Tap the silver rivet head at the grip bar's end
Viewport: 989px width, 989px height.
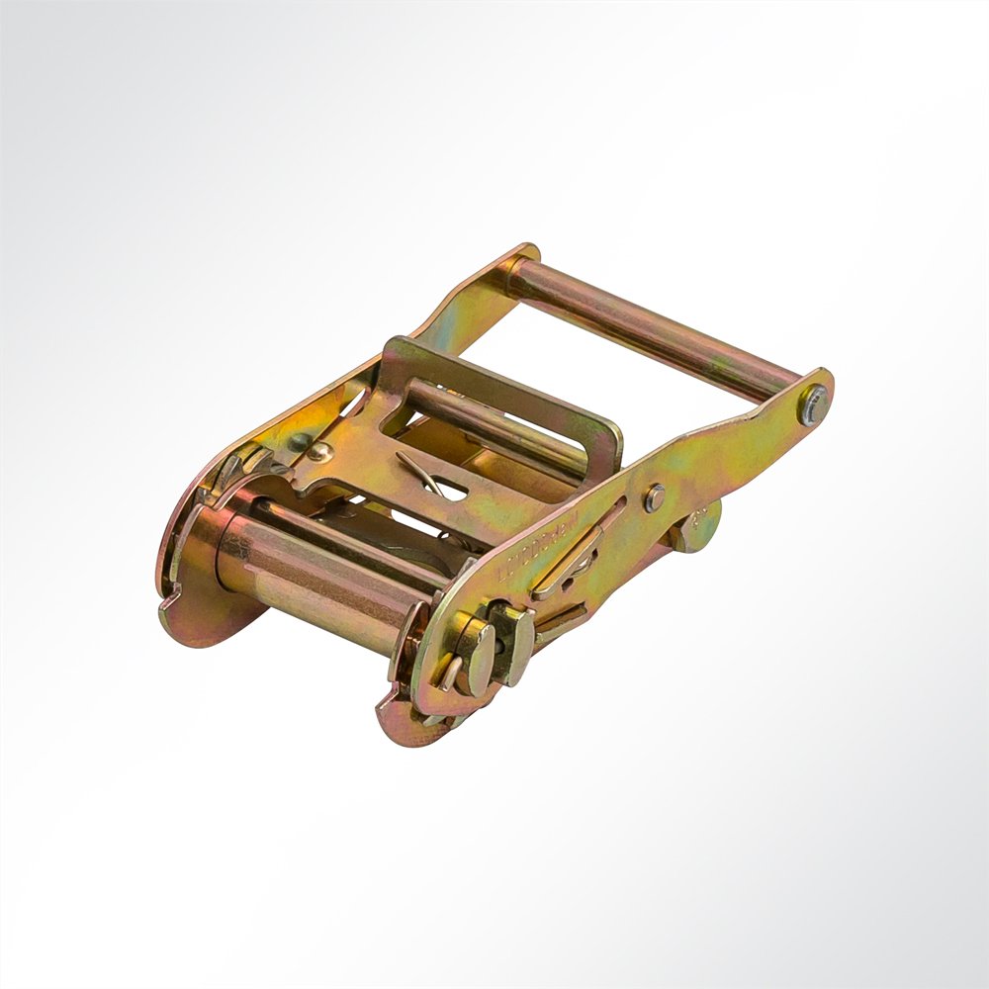813,404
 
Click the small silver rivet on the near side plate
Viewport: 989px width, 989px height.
654,497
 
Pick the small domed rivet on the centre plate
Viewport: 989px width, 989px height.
315,453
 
